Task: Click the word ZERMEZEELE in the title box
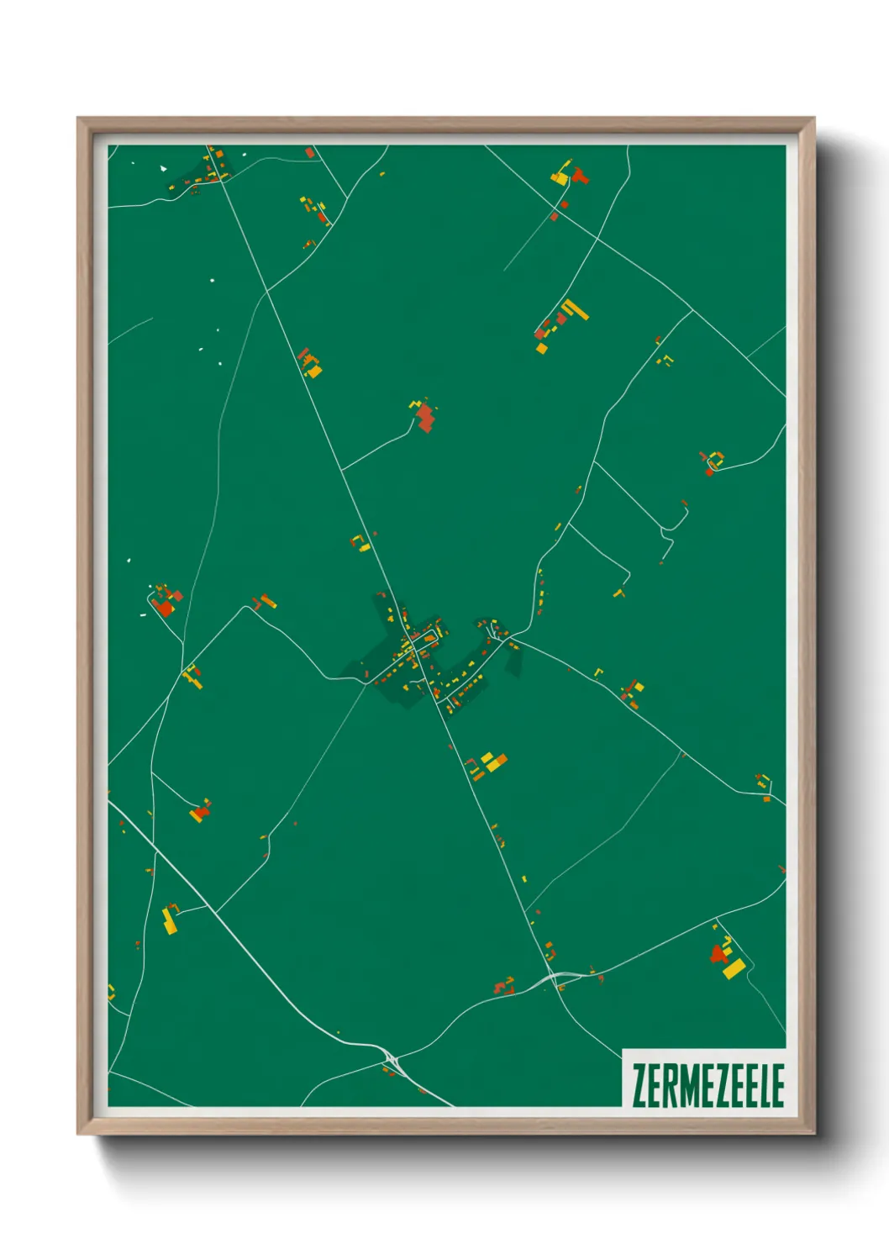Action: (708, 1085)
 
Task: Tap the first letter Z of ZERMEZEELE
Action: (639, 1085)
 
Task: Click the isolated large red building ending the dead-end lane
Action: (426, 417)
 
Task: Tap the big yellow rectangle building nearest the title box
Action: (733, 968)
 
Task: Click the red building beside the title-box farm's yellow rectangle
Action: (718, 953)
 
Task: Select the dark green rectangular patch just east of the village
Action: (513, 662)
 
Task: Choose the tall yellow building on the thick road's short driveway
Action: (170, 921)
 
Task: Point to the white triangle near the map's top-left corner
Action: (164, 169)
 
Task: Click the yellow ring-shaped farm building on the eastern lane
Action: (716, 459)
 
